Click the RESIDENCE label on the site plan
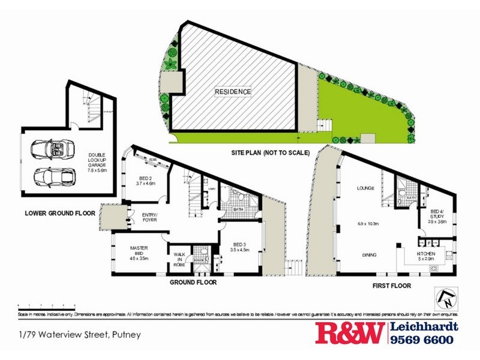tap(233, 92)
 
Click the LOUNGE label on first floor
tap(365, 188)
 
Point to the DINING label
tap(370, 255)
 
